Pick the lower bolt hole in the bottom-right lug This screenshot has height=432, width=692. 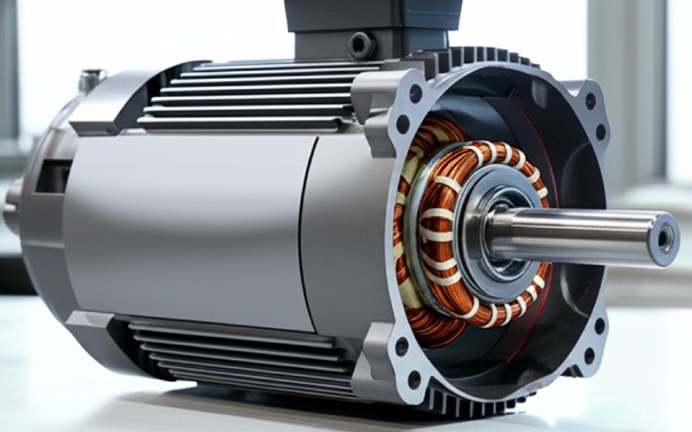pyautogui.click(x=590, y=355)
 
